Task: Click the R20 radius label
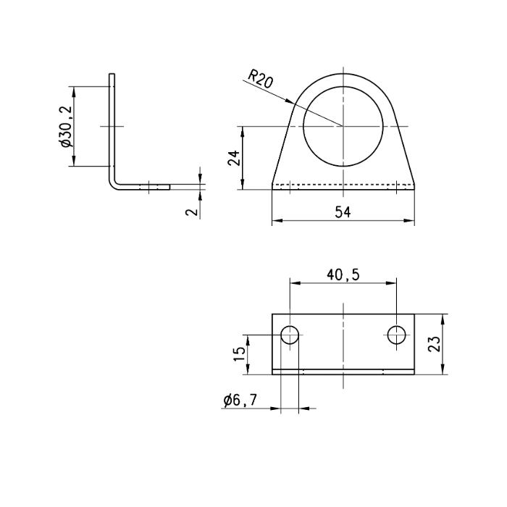tap(260, 79)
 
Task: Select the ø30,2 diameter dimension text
tap(66, 126)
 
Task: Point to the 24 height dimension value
tap(233, 158)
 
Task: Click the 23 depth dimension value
tap(434, 343)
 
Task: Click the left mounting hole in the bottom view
tap(290, 335)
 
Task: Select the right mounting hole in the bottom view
tap(397, 335)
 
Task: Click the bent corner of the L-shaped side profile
tap(114, 183)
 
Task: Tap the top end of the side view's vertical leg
tap(112, 74)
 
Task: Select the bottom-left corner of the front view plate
tap(272, 188)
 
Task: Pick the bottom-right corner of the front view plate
tap(415, 188)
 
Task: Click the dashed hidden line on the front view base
tap(343, 185)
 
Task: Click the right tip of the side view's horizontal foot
tap(170, 186)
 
